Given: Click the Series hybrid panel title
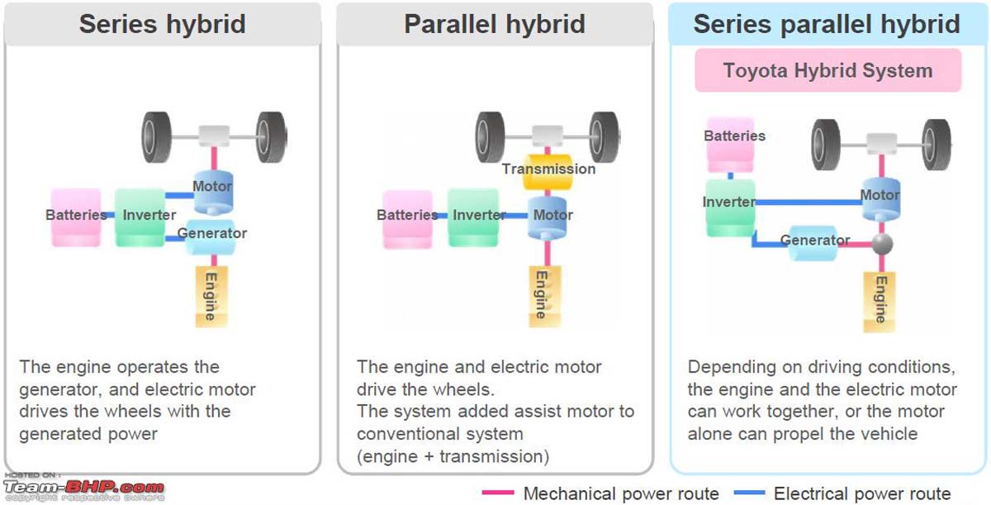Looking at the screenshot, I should (x=162, y=24).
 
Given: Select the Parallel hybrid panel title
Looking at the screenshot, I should (x=494, y=24).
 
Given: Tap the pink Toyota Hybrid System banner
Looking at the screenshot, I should (x=827, y=70).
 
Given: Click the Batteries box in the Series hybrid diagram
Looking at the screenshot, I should (x=76, y=217).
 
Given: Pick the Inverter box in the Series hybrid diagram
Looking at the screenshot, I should (x=140, y=217).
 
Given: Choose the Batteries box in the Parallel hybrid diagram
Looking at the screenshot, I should (x=407, y=217).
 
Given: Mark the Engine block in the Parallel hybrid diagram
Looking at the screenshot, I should (x=541, y=294).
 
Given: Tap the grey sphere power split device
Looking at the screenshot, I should (x=882, y=244).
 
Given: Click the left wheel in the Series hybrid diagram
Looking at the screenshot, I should (x=157, y=136).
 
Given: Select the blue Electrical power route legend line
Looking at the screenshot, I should (x=748, y=493).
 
